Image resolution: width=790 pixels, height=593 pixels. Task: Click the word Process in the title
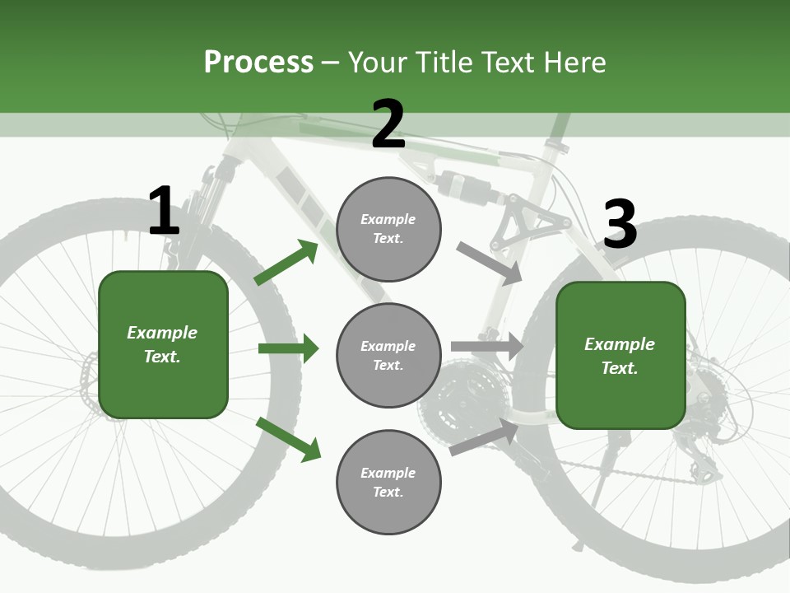click(258, 63)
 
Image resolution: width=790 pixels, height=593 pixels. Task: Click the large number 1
click(164, 211)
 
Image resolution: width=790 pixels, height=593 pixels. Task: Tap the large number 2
click(388, 124)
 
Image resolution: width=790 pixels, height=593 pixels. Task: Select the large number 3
click(620, 225)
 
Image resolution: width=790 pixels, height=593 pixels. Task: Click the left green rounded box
click(163, 344)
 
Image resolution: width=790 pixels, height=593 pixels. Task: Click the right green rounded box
click(620, 356)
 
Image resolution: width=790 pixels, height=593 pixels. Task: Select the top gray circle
click(388, 229)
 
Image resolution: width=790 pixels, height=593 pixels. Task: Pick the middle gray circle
click(388, 356)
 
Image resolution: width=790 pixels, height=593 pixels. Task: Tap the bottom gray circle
click(388, 483)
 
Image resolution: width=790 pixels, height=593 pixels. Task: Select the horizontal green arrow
click(288, 349)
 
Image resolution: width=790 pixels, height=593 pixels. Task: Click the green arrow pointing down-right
click(289, 439)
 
